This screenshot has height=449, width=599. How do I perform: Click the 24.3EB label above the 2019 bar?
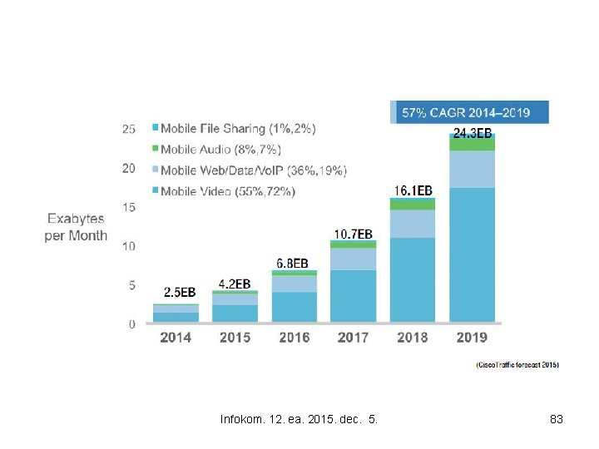tap(472, 132)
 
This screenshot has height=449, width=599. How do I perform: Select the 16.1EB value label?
tap(413, 190)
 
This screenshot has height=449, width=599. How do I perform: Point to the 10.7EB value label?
tap(354, 233)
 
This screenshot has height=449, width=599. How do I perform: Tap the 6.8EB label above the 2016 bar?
tap(295, 263)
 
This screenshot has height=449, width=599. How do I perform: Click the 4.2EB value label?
tap(235, 284)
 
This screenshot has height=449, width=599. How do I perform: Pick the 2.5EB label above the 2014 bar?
tap(180, 293)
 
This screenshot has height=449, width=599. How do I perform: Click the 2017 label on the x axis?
tap(354, 338)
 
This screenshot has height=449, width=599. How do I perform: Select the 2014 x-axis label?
tap(176, 338)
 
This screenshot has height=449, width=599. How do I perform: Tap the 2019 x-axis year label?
tap(472, 338)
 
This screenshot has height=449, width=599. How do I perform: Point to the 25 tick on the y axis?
tap(129, 129)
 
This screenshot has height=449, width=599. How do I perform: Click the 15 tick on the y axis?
tap(129, 207)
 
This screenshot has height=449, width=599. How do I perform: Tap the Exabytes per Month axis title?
tap(76, 227)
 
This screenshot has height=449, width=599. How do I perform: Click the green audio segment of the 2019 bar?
tap(472, 145)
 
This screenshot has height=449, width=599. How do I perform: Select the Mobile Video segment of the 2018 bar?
tap(413, 280)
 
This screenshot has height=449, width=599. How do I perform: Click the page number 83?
tap(557, 420)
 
